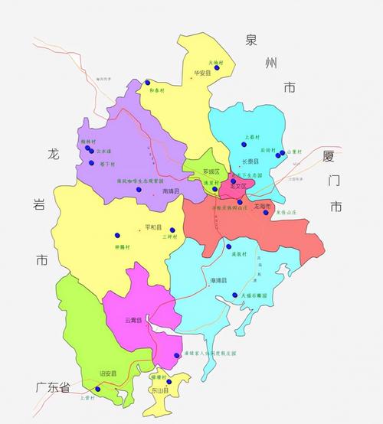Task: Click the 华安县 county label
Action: tap(202, 75)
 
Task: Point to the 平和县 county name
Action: tap(153, 227)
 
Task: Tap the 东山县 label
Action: tap(182, 390)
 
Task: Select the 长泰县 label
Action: tap(250, 163)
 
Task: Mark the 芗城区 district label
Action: tap(211, 171)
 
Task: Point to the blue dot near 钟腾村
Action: tap(117, 234)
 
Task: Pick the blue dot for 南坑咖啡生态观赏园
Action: tap(139, 189)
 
